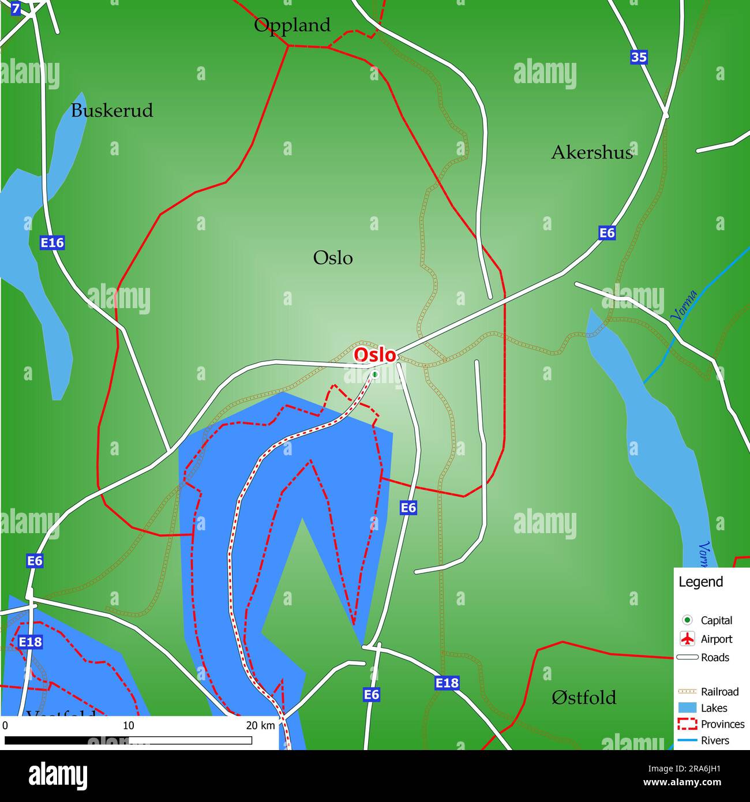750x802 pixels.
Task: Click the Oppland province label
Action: click(x=292, y=25)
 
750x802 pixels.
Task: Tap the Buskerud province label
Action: click(x=112, y=110)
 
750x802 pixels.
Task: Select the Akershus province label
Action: click(x=592, y=152)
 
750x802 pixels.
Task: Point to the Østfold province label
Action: click(x=584, y=698)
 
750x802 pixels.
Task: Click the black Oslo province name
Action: click(x=333, y=258)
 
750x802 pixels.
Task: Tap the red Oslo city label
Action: click(x=375, y=355)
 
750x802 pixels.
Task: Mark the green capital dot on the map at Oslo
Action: click(x=375, y=374)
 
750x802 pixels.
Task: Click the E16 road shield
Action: click(x=52, y=243)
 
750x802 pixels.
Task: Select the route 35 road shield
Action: click(x=639, y=57)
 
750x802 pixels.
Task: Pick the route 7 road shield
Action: click(x=15, y=9)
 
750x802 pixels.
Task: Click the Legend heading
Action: click(x=700, y=582)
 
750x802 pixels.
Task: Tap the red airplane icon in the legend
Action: click(x=687, y=639)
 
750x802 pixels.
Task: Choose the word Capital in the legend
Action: click(x=717, y=620)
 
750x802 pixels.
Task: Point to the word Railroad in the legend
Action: click(x=719, y=691)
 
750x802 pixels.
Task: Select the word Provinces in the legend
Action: click(x=722, y=724)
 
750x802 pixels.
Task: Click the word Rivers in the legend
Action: click(x=715, y=740)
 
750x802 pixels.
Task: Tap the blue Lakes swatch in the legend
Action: click(x=687, y=708)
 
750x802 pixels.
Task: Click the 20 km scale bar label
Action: click(x=261, y=725)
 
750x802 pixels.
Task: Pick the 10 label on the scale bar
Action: click(x=128, y=725)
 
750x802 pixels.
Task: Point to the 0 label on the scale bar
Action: click(x=5, y=725)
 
